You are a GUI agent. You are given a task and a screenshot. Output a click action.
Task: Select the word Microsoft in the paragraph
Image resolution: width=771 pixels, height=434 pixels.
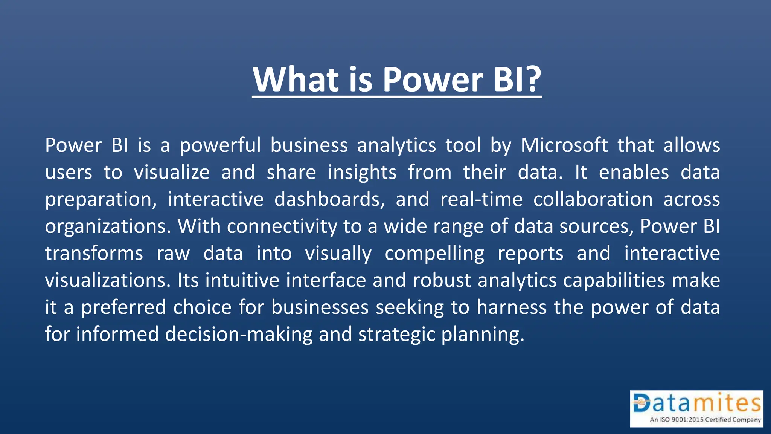pos(564,145)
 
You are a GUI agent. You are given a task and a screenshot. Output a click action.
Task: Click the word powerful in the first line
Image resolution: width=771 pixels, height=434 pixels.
pos(220,145)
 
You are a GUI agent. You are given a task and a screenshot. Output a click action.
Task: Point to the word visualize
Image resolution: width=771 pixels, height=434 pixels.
pos(172,173)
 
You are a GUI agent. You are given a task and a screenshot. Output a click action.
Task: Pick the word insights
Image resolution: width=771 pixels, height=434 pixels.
pos(362,173)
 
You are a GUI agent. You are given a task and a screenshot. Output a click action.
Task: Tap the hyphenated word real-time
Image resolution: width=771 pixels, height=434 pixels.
pos(481,199)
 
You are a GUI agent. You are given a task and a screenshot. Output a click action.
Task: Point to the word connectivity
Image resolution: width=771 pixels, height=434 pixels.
pos(282,226)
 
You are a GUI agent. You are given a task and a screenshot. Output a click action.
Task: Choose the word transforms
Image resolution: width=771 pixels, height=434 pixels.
pos(94,253)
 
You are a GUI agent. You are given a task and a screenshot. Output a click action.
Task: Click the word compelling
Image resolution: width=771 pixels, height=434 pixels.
pos(434,253)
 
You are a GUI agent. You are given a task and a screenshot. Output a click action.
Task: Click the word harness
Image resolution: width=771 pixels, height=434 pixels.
pos(512,307)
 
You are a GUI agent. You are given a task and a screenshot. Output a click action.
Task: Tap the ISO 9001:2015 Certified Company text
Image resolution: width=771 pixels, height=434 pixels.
pos(705,420)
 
